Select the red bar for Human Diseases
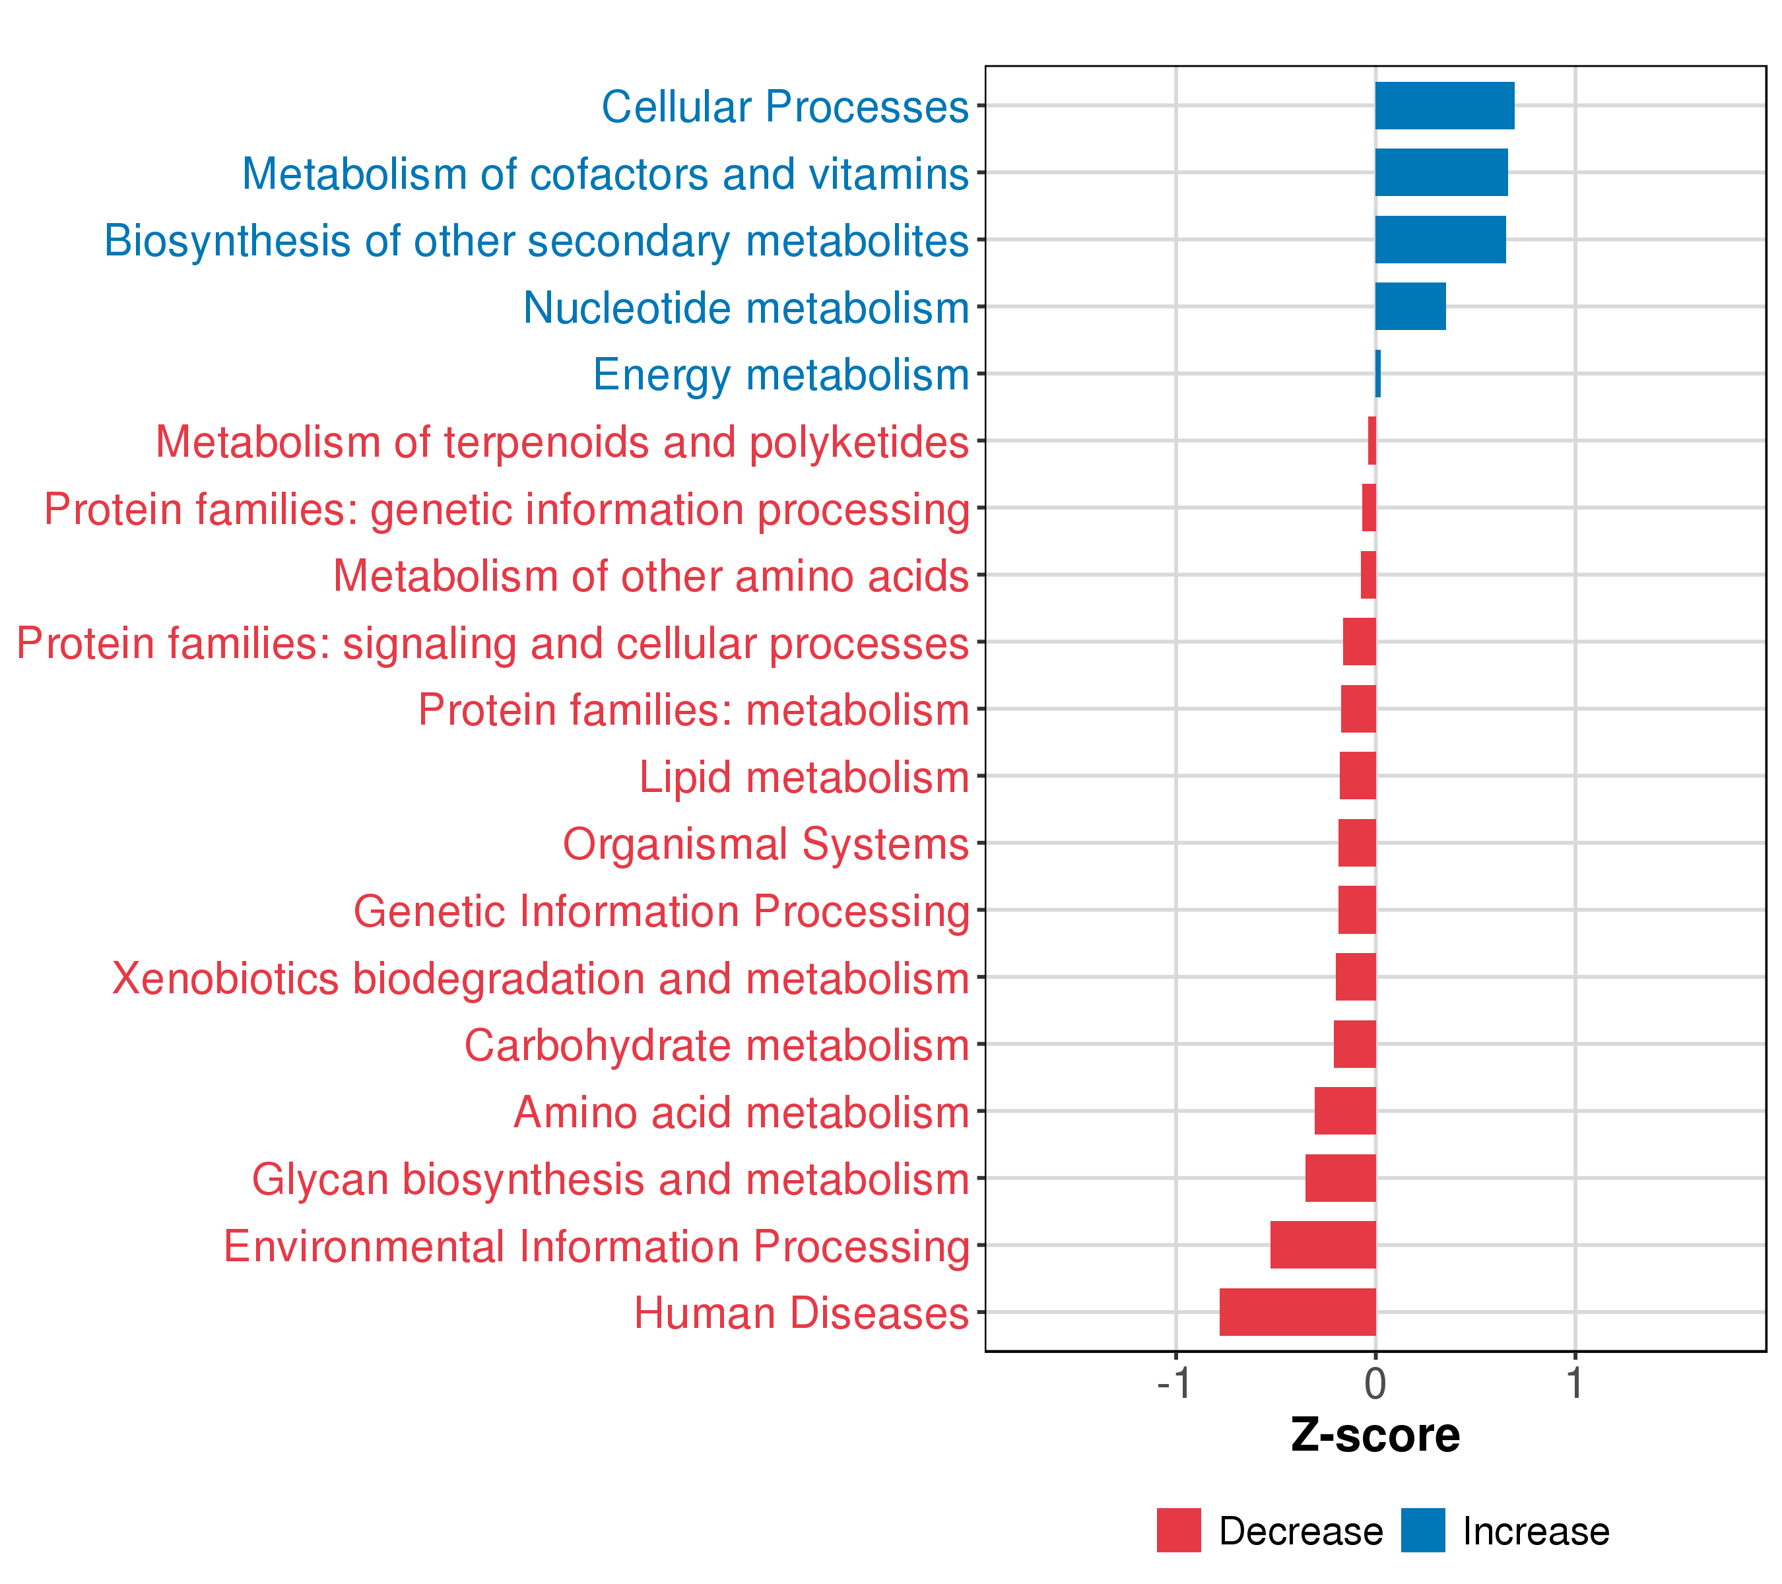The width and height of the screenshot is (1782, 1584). tap(1298, 1312)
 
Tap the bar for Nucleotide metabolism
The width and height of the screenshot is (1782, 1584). tap(1410, 307)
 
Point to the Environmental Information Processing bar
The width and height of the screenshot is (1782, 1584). tap(1323, 1245)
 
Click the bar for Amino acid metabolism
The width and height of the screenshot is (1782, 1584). tap(1344, 1111)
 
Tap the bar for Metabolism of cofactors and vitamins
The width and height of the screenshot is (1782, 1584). tap(1441, 173)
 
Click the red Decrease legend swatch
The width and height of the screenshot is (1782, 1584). tap(1179, 1531)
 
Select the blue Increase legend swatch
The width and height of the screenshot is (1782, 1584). tap(1423, 1531)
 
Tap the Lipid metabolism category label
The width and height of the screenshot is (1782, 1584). tap(804, 777)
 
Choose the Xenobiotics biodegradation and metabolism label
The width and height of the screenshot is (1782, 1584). tap(541, 978)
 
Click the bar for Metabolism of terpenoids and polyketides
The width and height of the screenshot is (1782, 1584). tap(1371, 441)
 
